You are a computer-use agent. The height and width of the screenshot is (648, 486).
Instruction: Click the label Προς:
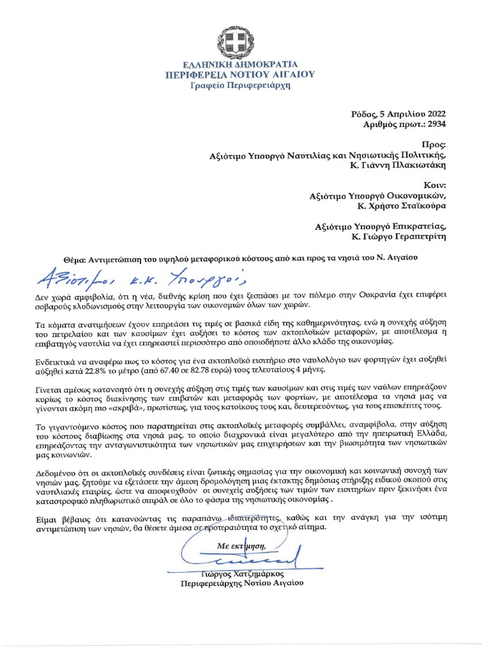(435, 144)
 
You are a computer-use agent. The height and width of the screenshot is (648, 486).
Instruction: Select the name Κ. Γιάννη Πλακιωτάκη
(399, 166)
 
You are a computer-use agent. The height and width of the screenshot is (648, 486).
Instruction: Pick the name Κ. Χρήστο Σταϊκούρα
(402, 207)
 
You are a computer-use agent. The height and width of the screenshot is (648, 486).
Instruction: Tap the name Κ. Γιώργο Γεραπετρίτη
(399, 237)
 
